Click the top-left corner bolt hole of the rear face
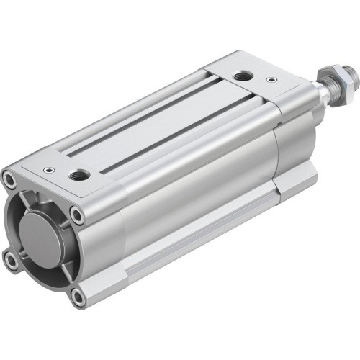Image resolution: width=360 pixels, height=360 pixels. pyautogui.click(x=10, y=176)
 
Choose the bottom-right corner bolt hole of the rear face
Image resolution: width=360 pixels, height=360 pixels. pyautogui.click(x=78, y=293)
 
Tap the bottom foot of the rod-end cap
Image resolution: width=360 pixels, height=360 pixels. pyautogui.click(x=295, y=184)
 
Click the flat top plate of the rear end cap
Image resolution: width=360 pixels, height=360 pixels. pyautogui.click(x=65, y=169)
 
